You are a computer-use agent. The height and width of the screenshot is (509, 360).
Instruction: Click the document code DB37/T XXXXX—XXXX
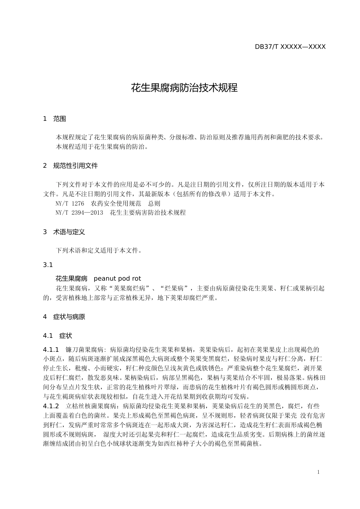click(290, 47)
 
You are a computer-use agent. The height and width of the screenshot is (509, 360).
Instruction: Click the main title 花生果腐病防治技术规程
click(184, 88)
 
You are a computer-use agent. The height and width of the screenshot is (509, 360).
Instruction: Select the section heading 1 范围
click(55, 119)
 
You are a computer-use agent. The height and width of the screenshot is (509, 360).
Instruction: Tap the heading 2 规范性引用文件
click(70, 166)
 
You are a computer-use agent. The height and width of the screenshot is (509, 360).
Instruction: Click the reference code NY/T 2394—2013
click(79, 212)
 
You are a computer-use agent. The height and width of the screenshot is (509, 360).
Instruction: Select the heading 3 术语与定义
click(64, 232)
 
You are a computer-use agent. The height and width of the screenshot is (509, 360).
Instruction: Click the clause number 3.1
click(48, 265)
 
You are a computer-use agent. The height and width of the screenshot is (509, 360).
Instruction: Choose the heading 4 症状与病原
click(64, 317)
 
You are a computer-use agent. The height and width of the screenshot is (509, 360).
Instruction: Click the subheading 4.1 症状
click(58, 336)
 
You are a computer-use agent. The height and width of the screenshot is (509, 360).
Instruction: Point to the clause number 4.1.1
click(51, 349)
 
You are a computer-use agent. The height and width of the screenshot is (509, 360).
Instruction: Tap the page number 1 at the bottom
click(318, 472)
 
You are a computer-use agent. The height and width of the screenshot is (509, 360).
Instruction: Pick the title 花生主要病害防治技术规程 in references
click(148, 212)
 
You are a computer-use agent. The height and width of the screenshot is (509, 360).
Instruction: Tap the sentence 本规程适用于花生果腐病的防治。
click(102, 147)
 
